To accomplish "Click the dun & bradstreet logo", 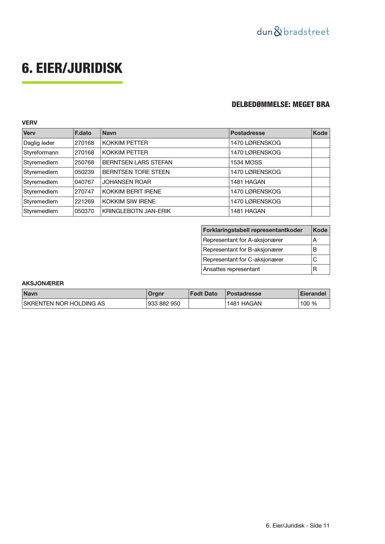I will coord(293,32).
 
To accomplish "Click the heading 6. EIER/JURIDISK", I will coord(72,68).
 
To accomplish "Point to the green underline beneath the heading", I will coord(72,82).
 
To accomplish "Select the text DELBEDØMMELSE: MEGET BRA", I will coord(280,105).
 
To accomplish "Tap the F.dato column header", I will coord(83,133).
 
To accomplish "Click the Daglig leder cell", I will coord(39,143).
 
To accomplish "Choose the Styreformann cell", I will coord(41,153).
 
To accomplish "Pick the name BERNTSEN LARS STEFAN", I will coord(137,163).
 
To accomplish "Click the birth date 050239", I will coord(84,172).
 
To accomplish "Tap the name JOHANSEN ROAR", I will coord(127,182).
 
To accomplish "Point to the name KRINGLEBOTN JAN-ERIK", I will coord(137,211).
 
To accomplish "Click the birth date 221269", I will coord(84,202).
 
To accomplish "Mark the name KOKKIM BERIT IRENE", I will coord(132,192).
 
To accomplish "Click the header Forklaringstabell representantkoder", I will coord(253,230).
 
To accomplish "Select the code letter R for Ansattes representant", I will coord(315,269).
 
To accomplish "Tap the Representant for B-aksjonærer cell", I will coord(243,250).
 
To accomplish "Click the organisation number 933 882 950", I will coord(164,304).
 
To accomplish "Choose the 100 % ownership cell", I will coord(308,304).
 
